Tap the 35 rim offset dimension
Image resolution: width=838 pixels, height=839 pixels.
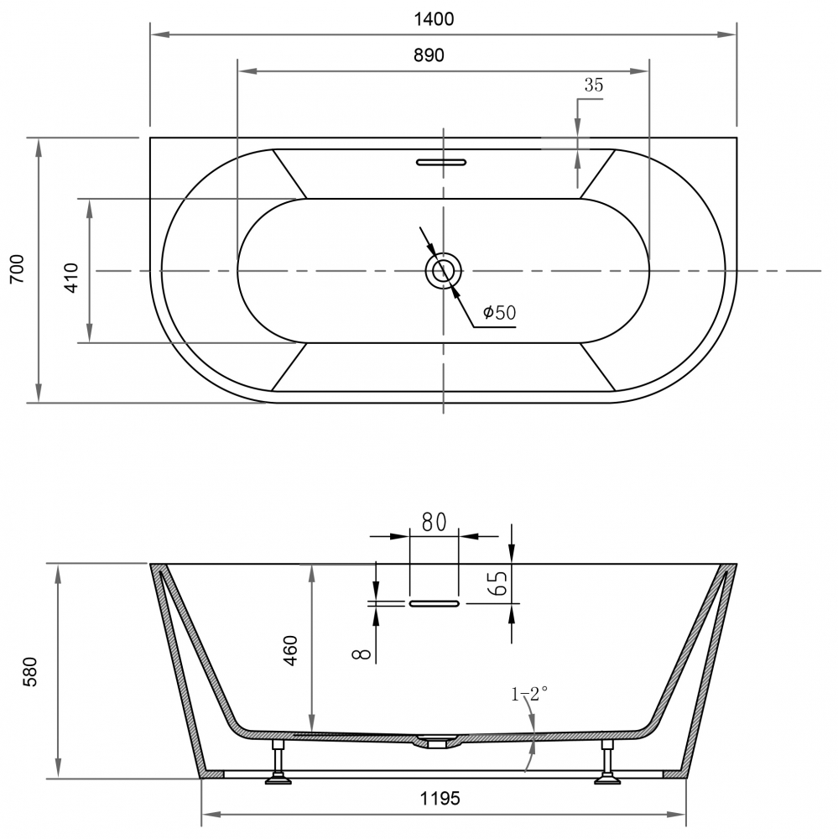point(594,85)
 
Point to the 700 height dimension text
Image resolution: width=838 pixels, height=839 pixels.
point(18,270)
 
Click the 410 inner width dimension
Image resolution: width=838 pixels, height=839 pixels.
point(71,276)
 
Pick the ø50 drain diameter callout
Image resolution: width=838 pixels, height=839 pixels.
point(499,313)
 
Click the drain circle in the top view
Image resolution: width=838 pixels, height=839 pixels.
point(442,271)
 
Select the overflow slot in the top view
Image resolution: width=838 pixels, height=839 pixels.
point(442,160)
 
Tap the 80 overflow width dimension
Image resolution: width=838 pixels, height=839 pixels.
point(433,522)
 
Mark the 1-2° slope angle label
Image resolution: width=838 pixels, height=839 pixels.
point(529,693)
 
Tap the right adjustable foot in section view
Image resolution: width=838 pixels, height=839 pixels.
point(606,764)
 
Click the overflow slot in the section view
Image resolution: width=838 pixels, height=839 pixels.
point(434,602)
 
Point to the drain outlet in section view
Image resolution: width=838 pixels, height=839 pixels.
point(435,742)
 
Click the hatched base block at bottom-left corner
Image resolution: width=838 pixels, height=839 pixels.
point(213,774)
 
